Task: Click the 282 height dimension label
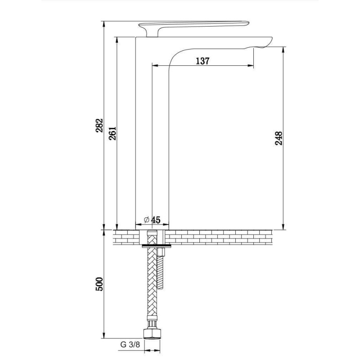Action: [x=99, y=126]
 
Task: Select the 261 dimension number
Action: [x=112, y=133]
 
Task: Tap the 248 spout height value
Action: [x=279, y=138]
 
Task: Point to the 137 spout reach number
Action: [x=203, y=61]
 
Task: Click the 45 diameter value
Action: [x=156, y=220]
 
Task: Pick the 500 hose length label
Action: [x=99, y=284]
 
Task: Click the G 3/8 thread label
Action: [x=130, y=344]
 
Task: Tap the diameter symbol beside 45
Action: [x=147, y=220]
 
